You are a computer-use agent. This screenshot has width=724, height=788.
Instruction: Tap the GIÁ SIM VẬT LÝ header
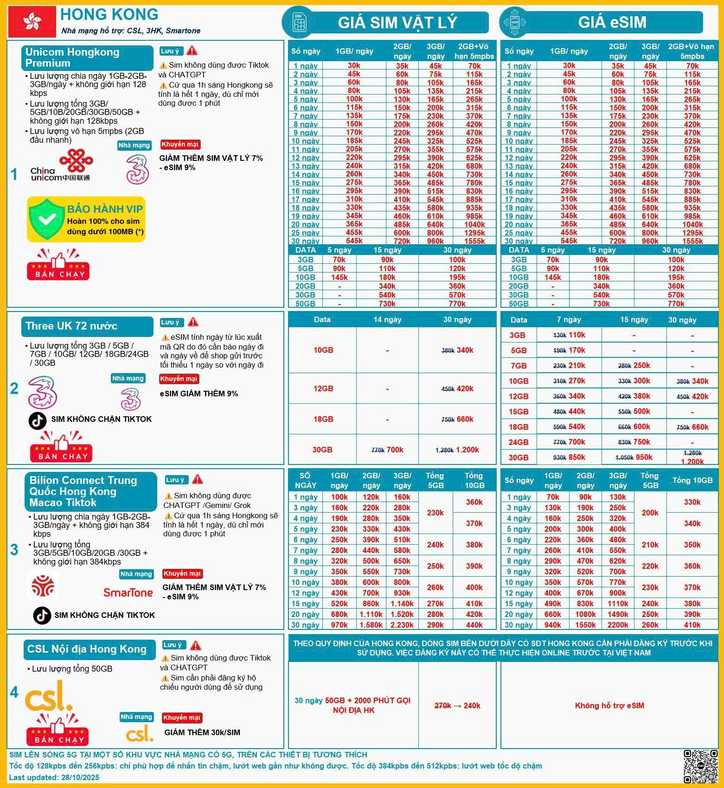pyautogui.click(x=397, y=22)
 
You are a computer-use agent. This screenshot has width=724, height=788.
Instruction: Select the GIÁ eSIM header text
pyautogui.click(x=612, y=22)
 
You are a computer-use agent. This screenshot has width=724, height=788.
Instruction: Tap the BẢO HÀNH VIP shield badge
pyautogui.click(x=86, y=219)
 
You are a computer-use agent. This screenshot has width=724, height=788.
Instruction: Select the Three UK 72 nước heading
pyautogui.click(x=71, y=326)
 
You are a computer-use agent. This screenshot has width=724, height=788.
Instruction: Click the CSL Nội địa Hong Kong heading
pyautogui.click(x=87, y=649)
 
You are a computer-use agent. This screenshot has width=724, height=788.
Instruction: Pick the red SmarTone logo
pyautogui.click(x=128, y=592)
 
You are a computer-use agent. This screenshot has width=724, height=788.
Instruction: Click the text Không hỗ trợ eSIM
pyautogui.click(x=609, y=705)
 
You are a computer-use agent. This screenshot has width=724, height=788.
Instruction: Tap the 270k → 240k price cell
pyautogui.click(x=457, y=705)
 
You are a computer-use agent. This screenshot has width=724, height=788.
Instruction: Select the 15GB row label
pyautogui.click(x=519, y=412)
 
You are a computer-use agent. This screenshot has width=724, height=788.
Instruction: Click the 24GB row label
pyautogui.click(x=519, y=442)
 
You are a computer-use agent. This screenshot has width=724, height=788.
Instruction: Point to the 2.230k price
pyautogui.click(x=402, y=625)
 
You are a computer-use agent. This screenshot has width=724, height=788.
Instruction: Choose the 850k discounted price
pyautogui.click(x=577, y=457)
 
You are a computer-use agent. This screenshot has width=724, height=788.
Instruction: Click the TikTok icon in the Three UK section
pyautogui.click(x=38, y=419)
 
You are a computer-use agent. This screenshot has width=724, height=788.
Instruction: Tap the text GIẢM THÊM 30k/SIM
pyautogui.click(x=202, y=732)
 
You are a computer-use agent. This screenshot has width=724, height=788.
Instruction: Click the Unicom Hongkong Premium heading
pyautogui.click(x=72, y=57)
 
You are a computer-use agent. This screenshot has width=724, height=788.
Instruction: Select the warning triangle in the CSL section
pyautogui.click(x=196, y=645)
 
